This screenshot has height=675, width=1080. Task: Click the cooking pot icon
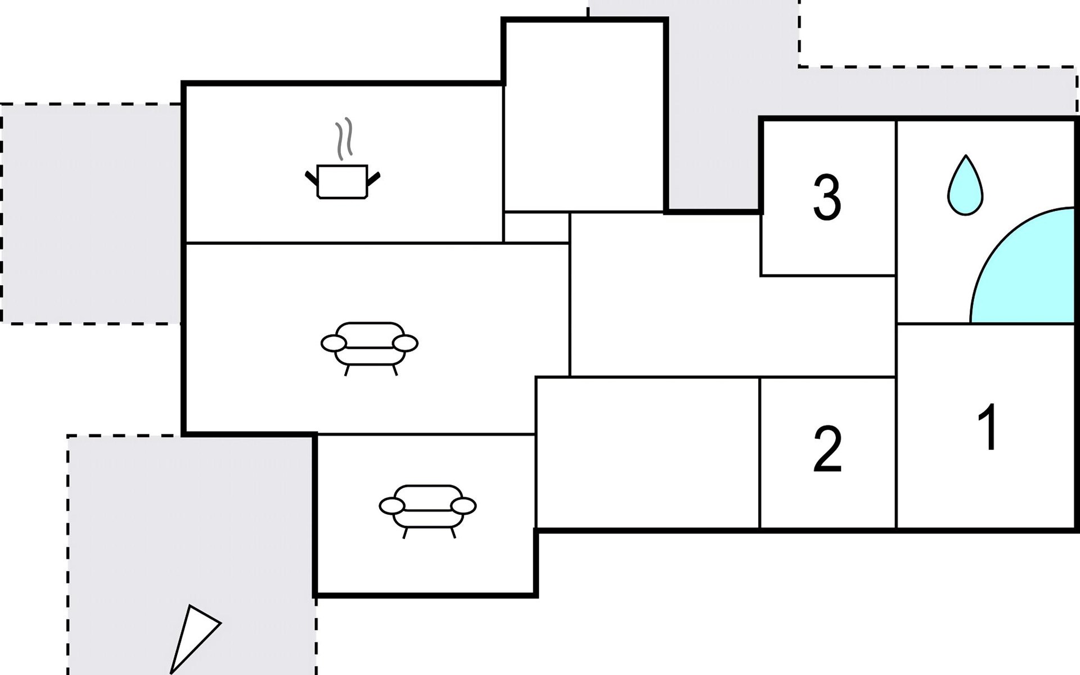tap(342, 181)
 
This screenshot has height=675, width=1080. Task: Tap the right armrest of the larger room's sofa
tap(405, 343)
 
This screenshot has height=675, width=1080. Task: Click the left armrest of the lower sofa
tap(392, 506)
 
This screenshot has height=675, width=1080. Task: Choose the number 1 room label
tap(988, 427)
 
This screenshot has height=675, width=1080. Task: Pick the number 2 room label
tap(827, 448)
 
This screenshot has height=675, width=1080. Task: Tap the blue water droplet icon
tap(965, 184)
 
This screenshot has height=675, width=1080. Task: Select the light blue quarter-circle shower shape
tap(1023, 265)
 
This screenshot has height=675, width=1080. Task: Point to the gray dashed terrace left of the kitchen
tap(91, 214)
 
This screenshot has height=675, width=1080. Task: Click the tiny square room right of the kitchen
tap(537, 227)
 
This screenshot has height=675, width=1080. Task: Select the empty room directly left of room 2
tap(647, 453)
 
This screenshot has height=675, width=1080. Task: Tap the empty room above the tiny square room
tap(584, 116)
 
